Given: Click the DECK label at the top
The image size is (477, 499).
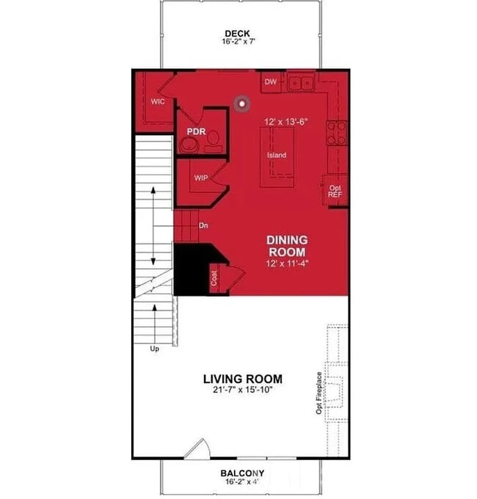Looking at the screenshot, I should [238, 33].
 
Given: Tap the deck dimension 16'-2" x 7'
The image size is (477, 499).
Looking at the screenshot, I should [238, 43].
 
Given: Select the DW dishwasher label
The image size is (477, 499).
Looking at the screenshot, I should [270, 82].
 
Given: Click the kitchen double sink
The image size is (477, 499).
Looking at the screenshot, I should [300, 83].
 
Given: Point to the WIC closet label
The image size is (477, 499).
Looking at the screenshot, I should [158, 101].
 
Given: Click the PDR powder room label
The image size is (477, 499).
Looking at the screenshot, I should [195, 133].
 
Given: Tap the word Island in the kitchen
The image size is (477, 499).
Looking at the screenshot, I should [277, 156].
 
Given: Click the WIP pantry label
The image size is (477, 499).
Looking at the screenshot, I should [202, 178].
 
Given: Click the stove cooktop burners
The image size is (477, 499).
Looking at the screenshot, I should [336, 132].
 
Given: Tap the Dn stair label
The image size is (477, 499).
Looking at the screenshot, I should [203, 225].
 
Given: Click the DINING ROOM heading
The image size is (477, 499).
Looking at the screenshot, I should [287, 246].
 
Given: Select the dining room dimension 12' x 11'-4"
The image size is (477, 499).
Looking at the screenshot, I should [287, 262].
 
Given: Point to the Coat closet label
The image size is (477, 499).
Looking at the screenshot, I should [215, 280].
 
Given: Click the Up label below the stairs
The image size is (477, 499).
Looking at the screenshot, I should [154, 349].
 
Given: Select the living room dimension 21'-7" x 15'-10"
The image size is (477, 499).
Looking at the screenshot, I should [242, 390].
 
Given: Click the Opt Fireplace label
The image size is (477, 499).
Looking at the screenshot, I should [319, 393].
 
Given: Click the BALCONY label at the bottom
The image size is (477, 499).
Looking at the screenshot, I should [242, 473].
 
